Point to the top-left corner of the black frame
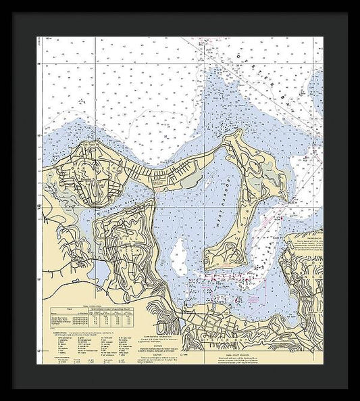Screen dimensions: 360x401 tap(13, 13)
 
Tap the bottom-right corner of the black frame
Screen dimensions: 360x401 tap(347, 388)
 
